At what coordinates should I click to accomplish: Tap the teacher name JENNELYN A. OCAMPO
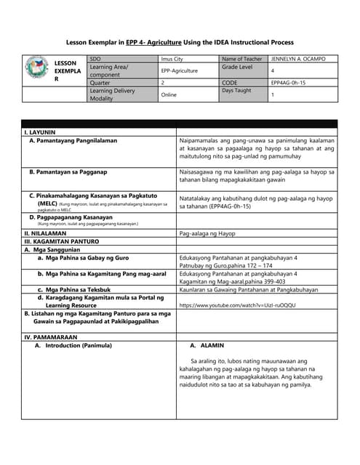299,58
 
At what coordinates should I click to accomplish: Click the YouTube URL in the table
237,306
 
